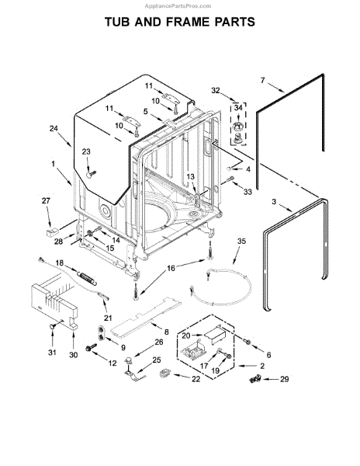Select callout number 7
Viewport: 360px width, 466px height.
click(263, 79)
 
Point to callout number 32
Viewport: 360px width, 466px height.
click(216, 90)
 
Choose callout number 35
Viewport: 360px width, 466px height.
click(241, 242)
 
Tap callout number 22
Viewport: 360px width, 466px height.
click(195, 378)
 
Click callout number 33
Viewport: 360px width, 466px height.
click(247, 191)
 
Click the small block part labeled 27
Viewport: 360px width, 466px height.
click(52, 229)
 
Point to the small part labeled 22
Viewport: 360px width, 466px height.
click(164, 376)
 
